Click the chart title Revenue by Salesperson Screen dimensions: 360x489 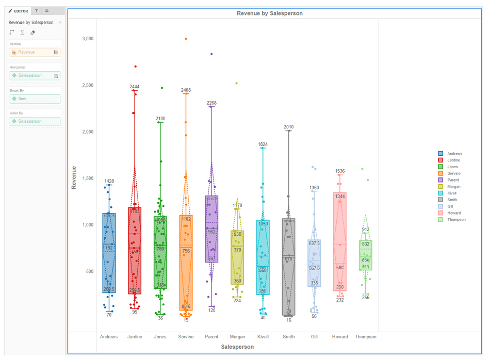pyautogui.click(x=269, y=13)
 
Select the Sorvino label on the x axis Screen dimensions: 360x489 pyautogui.click(x=186, y=337)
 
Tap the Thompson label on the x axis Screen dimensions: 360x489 pyautogui.click(x=366, y=337)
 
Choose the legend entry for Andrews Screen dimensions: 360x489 pyautogui.click(x=454, y=154)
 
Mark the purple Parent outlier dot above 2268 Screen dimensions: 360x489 pyautogui.click(x=211, y=54)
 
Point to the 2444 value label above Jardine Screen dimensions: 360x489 pyautogui.click(x=135, y=87)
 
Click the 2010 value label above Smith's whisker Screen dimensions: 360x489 pyautogui.click(x=289, y=127)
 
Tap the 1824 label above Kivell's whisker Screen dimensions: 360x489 pyautogui.click(x=263, y=144)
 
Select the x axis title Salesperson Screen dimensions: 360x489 pyautogui.click(x=237, y=347)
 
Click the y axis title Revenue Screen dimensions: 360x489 pyautogui.click(x=74, y=177)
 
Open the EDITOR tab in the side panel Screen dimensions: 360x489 pyautogui.click(x=19, y=11)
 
